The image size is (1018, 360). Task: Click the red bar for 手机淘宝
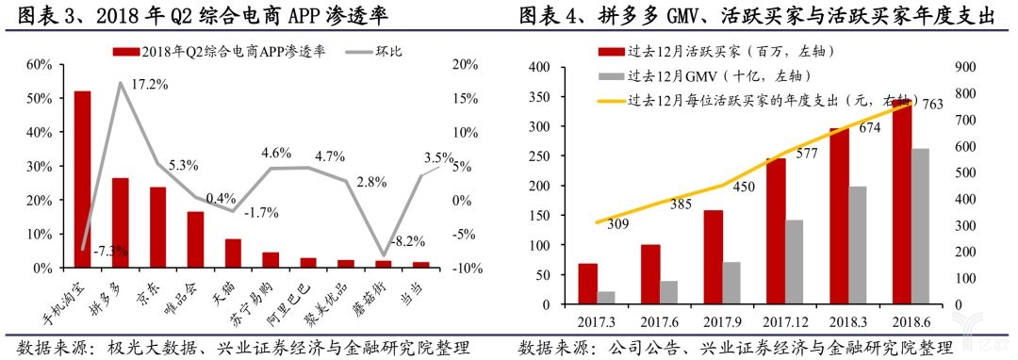point(82,179)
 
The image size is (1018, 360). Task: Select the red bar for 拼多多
point(120,222)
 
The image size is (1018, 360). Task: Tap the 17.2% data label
point(149,85)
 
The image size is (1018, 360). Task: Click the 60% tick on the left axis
point(39,64)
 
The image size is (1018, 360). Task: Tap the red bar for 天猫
point(232,254)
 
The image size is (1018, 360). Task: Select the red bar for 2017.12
point(775,233)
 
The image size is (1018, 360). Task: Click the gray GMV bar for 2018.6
point(920,227)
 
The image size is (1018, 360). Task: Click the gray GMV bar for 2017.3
point(607,299)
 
